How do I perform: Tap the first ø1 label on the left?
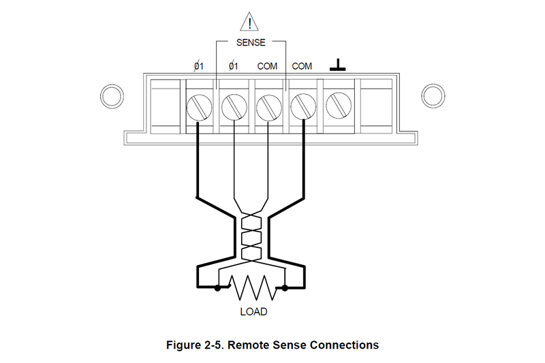[x=200, y=66]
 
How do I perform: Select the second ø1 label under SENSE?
[x=234, y=66]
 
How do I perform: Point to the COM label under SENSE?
[x=267, y=66]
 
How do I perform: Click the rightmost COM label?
[x=302, y=66]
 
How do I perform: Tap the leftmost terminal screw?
[x=199, y=106]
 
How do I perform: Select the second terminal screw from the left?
[x=234, y=106]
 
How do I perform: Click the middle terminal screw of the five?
[x=268, y=106]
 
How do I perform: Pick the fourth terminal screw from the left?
[x=302, y=106]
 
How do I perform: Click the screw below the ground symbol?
[x=337, y=106]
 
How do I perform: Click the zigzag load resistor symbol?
[x=251, y=288]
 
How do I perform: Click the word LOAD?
[x=253, y=312]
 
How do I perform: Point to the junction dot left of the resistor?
[x=217, y=288]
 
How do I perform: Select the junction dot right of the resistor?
[x=284, y=288]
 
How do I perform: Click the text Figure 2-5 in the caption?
[x=193, y=345]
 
